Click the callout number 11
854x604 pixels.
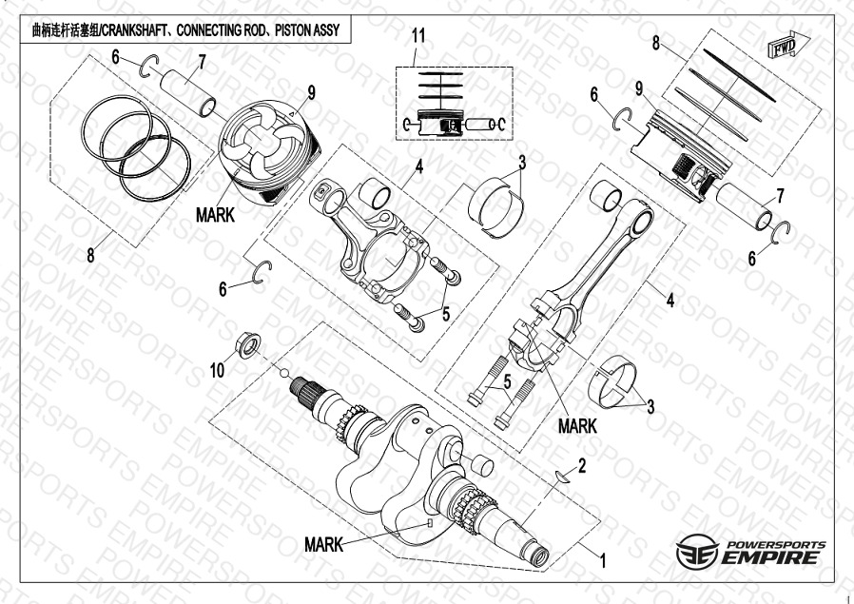tap(417, 36)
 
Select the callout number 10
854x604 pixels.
tap(218, 371)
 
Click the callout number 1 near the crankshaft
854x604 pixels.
tap(602, 561)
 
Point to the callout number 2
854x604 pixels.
tap(582, 466)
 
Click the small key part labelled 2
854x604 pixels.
tap(561, 477)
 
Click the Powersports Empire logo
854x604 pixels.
tap(751, 552)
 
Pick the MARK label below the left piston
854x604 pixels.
tap(214, 215)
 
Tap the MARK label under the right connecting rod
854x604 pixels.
tap(577, 426)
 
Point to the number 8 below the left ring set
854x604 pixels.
tap(90, 254)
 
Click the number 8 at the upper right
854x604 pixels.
tap(656, 43)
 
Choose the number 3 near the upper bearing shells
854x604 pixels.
tap(522, 163)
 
